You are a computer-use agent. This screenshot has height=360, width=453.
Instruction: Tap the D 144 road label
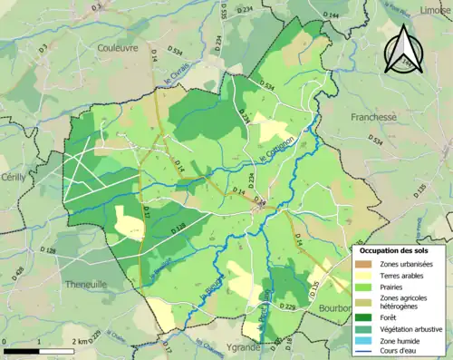[329, 16]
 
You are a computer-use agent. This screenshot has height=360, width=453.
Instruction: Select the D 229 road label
[288, 308]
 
